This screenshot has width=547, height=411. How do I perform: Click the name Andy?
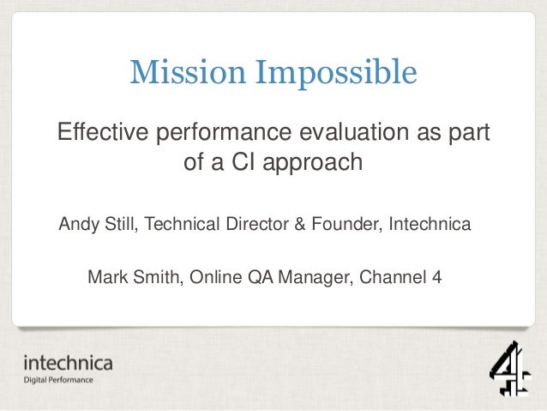click(77, 226)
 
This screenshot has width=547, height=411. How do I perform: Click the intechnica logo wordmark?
click(68, 363)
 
